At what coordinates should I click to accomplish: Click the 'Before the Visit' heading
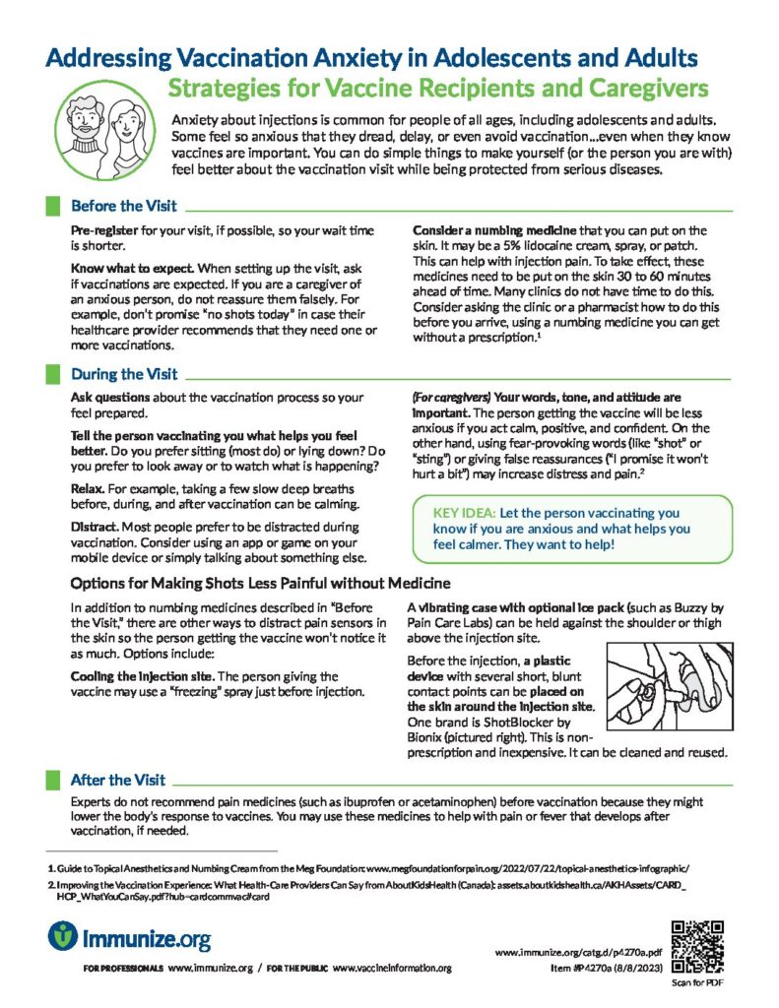tap(123, 207)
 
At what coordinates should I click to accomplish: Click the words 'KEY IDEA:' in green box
tap(464, 513)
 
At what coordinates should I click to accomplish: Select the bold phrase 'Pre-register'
tap(108, 230)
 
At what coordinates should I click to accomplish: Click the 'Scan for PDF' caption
tap(696, 981)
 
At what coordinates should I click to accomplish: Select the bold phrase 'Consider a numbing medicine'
tap(487, 230)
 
